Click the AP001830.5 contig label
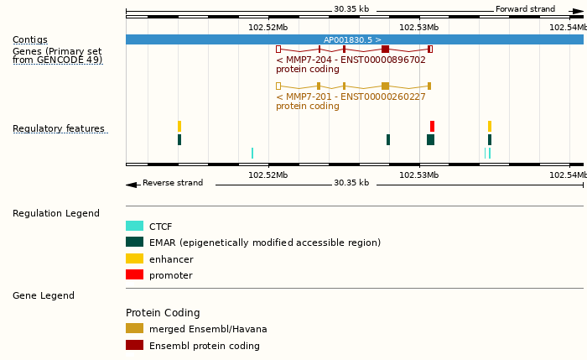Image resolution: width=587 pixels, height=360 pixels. click(352, 39)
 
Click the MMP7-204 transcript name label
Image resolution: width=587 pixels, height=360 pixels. click(351, 60)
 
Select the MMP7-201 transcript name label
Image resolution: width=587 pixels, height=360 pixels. click(351, 97)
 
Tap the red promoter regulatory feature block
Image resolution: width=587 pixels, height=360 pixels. click(433, 126)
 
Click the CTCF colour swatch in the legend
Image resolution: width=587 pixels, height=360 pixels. click(134, 226)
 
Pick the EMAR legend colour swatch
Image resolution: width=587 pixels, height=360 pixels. click(134, 242)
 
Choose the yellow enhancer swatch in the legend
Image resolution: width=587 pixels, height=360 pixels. click(134, 258)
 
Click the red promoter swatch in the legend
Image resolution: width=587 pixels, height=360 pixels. click(134, 274)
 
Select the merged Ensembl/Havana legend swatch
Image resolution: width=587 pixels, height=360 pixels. click(134, 328)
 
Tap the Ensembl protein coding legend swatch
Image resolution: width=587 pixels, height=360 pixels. click(134, 345)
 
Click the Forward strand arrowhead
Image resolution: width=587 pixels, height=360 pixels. click(578, 11)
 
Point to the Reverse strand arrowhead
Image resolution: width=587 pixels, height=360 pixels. click(131, 185)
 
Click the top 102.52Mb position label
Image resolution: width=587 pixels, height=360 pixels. click(268, 27)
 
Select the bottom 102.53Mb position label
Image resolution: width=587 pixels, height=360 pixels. click(418, 175)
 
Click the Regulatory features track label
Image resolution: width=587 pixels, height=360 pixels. click(59, 129)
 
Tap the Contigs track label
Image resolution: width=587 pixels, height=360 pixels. click(30, 40)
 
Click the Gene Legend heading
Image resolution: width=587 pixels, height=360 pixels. click(44, 295)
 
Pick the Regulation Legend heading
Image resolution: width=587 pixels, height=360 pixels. click(56, 213)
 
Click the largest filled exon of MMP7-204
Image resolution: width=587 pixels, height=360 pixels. click(385, 50)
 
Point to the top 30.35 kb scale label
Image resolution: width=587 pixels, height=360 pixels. click(351, 9)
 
